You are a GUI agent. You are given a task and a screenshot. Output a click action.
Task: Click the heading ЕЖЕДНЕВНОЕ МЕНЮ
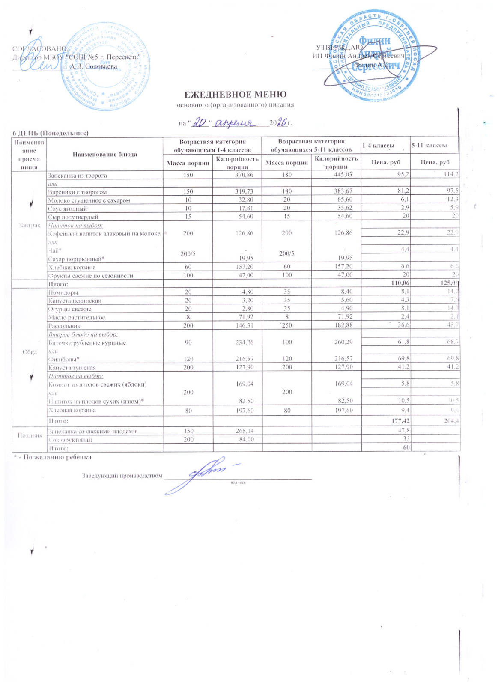(x=235, y=94)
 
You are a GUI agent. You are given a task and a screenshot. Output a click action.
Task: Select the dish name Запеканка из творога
(x=78, y=176)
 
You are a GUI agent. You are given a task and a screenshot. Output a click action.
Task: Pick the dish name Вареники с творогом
(x=78, y=192)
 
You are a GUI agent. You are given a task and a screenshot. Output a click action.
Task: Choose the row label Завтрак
(x=29, y=225)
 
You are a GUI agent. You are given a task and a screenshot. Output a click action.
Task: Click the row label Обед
(x=29, y=351)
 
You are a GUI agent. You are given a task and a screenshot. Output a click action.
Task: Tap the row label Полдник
(x=29, y=435)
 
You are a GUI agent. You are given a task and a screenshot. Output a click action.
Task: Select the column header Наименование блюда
(x=105, y=154)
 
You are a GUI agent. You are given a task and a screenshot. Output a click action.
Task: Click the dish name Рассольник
(x=64, y=326)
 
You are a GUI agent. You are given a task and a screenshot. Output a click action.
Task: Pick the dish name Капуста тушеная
(x=72, y=368)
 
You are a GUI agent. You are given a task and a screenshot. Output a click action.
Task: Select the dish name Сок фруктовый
(x=70, y=440)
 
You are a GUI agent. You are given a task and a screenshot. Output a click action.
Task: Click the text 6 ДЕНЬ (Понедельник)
(x=50, y=133)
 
